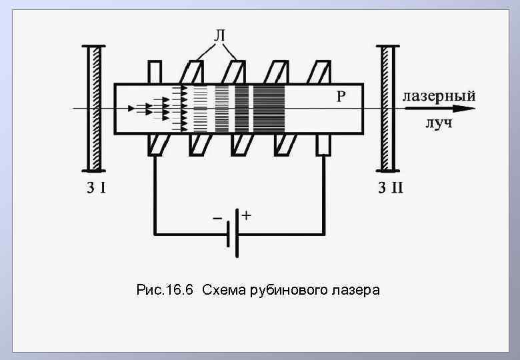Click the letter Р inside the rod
[340, 97]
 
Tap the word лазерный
[439, 95]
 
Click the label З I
[95, 187]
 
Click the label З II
[391, 187]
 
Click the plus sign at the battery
[247, 216]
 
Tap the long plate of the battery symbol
[237, 234]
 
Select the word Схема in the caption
[223, 290]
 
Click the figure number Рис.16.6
[164, 290]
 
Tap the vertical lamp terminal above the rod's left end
[155, 71]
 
